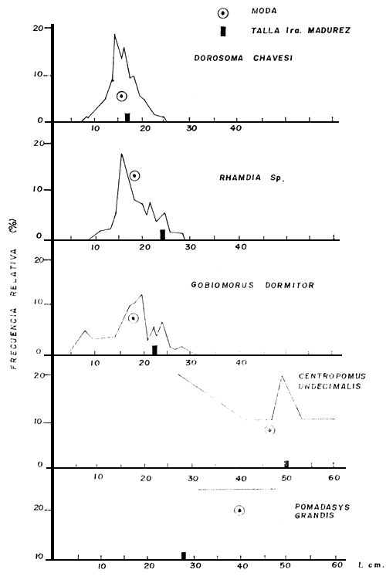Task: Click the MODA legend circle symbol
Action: tap(222, 12)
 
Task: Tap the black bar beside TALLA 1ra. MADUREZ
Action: tap(223, 31)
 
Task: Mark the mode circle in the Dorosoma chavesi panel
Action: tap(121, 96)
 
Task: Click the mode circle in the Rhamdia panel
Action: tap(134, 175)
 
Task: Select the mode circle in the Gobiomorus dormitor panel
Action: tap(133, 317)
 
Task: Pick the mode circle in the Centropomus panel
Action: tap(269, 429)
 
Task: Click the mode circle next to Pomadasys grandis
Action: tap(239, 510)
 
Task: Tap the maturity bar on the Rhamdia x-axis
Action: tap(162, 234)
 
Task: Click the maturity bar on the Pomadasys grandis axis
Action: tap(183, 555)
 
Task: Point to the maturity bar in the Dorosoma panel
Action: tap(127, 117)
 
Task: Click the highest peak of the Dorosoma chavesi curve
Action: tap(115, 35)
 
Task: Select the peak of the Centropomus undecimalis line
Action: tap(283, 376)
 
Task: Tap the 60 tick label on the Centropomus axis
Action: tap(333, 478)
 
